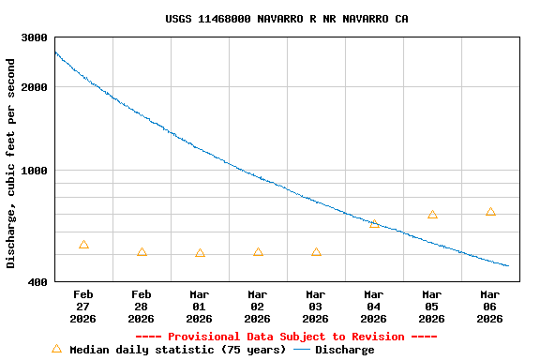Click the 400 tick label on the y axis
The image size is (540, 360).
tap(37, 282)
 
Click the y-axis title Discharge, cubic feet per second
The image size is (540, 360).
tap(11, 163)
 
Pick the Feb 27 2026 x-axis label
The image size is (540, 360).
tap(83, 307)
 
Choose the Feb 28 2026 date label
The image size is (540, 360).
tap(142, 307)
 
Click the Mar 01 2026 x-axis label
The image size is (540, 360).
tap(200, 307)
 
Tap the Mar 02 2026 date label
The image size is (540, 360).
tap(258, 307)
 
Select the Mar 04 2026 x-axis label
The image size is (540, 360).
tap(374, 307)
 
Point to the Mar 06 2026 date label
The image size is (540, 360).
tap(490, 307)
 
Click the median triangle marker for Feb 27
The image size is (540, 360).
tap(83, 245)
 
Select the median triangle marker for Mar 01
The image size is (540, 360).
tap(200, 253)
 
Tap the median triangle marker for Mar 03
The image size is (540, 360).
tap(316, 252)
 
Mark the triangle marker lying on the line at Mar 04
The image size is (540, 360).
tap(374, 224)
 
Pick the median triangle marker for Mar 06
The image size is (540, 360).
tap(490, 212)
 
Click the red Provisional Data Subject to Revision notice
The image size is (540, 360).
tap(286, 337)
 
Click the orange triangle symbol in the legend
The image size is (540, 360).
tap(56, 349)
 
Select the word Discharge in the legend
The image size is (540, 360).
tap(344, 350)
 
